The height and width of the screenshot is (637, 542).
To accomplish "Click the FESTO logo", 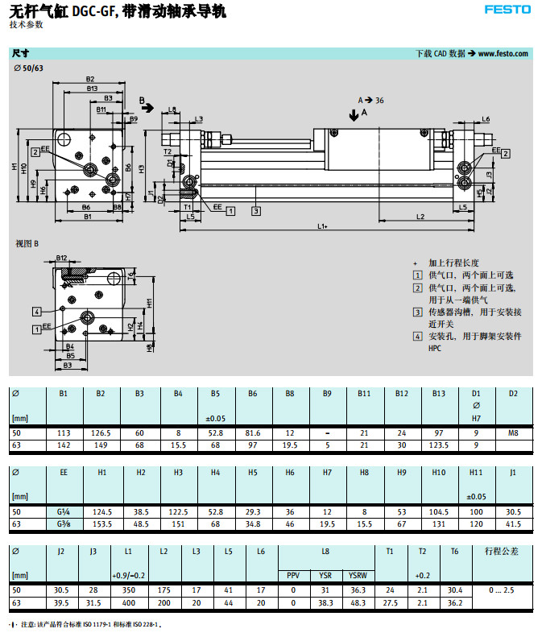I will coord(507,10).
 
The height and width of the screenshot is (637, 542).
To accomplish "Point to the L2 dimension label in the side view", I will coord(420,217).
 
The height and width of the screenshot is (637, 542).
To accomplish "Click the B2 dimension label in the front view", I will coord(90,79).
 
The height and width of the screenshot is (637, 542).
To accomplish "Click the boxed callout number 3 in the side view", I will coord(255,211).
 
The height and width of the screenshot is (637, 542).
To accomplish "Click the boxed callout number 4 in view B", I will coord(36,311).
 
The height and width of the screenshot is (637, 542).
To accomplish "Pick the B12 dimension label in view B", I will coord(62,259).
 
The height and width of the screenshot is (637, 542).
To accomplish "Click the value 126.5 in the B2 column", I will coord(101,433).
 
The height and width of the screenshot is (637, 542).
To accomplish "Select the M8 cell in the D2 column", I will coord(513,433).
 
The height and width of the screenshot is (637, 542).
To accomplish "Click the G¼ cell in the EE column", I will coord(63,512).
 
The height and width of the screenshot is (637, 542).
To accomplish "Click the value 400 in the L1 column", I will coord(127,602).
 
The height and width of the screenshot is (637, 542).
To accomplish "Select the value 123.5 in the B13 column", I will coord(437,445).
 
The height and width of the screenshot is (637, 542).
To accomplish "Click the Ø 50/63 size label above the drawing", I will coord(29,68).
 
